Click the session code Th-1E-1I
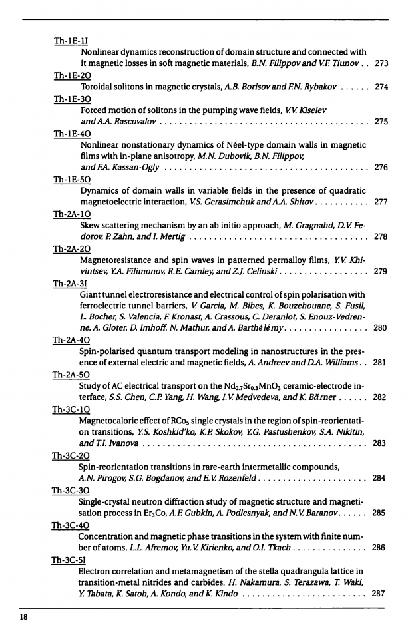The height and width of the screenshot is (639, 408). point(71,41)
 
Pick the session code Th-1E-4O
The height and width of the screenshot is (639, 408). point(71,133)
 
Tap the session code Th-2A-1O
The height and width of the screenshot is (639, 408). point(71,214)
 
